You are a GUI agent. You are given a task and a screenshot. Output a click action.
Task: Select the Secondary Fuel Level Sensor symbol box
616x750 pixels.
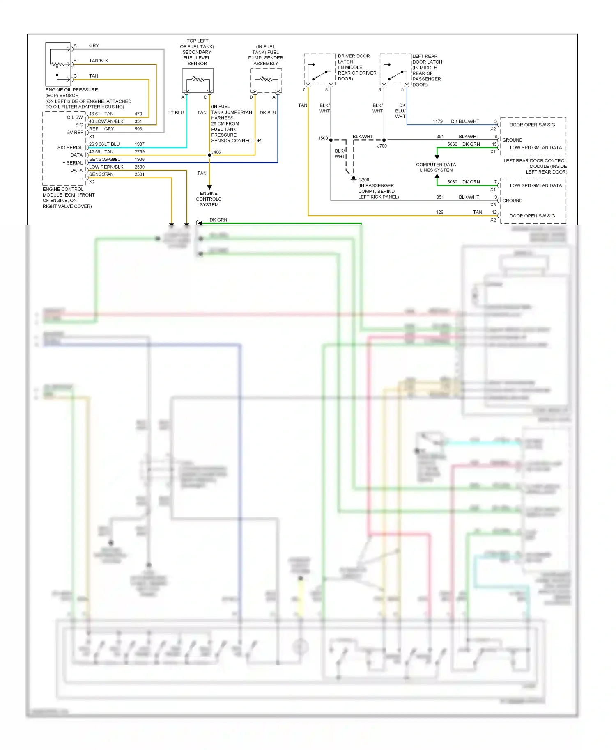[198, 80]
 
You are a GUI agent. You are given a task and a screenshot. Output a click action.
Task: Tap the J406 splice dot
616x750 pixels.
[209, 155]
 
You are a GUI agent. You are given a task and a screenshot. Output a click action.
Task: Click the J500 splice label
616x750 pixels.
[323, 138]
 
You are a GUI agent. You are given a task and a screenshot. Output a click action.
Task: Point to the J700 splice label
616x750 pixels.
[382, 146]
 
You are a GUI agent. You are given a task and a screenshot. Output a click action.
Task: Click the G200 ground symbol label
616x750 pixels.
[363, 180]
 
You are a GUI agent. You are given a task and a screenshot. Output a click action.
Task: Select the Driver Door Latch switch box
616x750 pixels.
[319, 69]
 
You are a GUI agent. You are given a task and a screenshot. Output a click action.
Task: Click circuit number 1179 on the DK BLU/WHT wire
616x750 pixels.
[438, 121]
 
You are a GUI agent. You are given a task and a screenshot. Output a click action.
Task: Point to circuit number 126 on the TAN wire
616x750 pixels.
[439, 212]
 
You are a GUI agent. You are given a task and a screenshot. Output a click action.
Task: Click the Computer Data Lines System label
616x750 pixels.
[436, 167]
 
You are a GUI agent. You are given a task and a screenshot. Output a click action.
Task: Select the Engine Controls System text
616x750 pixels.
[209, 199]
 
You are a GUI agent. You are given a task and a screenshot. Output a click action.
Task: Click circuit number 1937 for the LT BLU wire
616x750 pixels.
[140, 144]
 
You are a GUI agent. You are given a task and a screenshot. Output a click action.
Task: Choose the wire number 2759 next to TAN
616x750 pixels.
[140, 152]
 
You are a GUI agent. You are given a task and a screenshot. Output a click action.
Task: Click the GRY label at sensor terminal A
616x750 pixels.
[94, 46]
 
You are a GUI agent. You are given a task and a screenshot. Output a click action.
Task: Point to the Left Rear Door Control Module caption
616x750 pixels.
[535, 166]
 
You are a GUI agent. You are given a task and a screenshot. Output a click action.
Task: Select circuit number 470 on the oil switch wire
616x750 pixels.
[138, 114]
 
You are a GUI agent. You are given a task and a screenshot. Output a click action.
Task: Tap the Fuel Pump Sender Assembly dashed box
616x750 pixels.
[266, 80]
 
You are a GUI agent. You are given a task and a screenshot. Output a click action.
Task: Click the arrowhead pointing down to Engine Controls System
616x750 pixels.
[209, 187]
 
